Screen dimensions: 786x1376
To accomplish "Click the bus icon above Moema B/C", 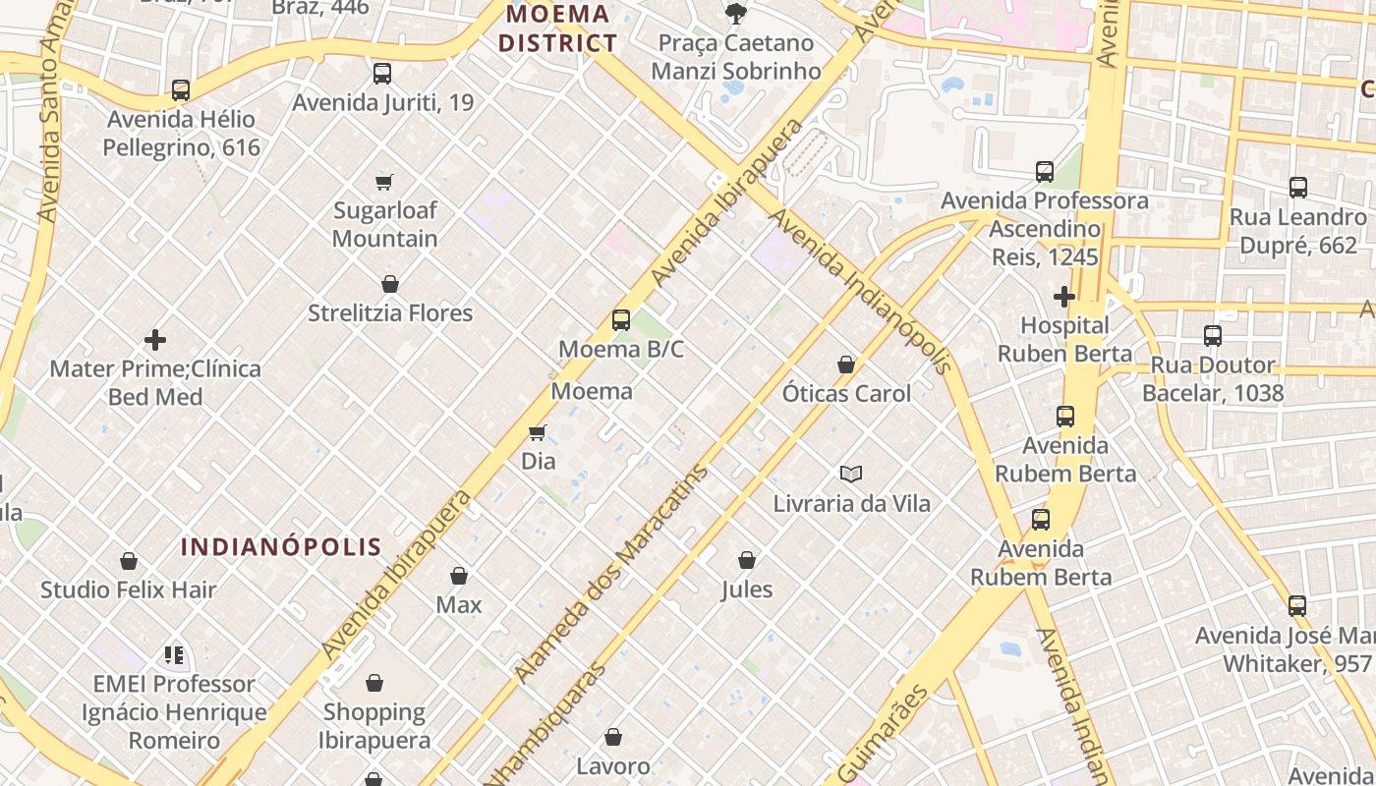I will [x=620, y=319].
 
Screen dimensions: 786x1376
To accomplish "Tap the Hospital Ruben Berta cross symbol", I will [x=1063, y=296].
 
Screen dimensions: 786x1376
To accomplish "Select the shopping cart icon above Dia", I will [x=537, y=432].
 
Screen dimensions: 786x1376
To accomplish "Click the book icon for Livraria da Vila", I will [x=850, y=475].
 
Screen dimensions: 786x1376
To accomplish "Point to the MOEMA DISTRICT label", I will [x=557, y=28].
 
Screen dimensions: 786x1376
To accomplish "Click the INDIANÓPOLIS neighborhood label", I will [x=281, y=547].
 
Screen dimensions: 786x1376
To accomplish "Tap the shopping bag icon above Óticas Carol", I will [x=845, y=365].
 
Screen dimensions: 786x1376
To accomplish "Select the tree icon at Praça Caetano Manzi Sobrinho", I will [x=734, y=13].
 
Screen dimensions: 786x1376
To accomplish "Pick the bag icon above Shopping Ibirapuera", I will [x=373, y=683].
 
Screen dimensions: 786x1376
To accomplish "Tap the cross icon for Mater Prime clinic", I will [x=155, y=340].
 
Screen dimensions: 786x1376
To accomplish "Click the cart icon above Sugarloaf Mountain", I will [x=384, y=182].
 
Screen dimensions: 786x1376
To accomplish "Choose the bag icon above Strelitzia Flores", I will [x=389, y=284].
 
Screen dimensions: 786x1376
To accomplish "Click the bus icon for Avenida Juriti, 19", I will [x=382, y=73].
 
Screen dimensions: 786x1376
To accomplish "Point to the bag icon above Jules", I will [x=746, y=561].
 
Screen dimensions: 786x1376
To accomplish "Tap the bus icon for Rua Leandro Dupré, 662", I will [x=1297, y=188].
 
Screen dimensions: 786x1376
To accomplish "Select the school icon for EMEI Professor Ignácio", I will [x=174, y=654].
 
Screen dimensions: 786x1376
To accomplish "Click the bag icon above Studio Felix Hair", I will [x=128, y=561].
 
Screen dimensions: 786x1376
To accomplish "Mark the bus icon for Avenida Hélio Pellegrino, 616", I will [x=181, y=90].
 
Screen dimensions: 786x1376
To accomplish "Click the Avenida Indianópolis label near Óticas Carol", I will [x=861, y=291].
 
